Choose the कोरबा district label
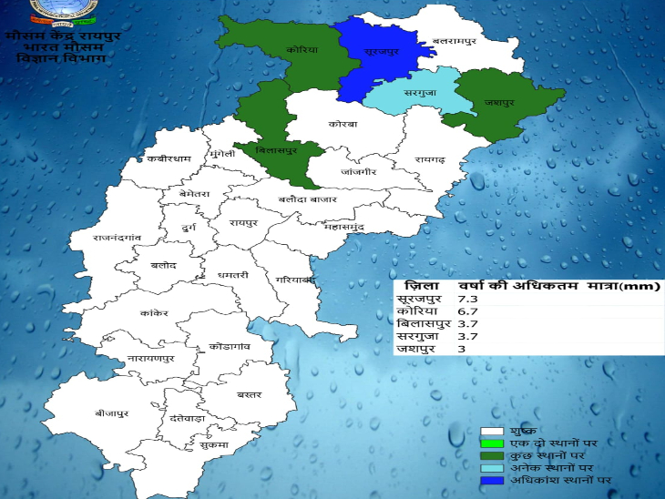(343, 124)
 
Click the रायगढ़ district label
(429, 160)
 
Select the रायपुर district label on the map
(244, 221)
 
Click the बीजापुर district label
(112, 412)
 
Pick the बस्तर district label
(248, 394)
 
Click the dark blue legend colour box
(492, 479)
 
